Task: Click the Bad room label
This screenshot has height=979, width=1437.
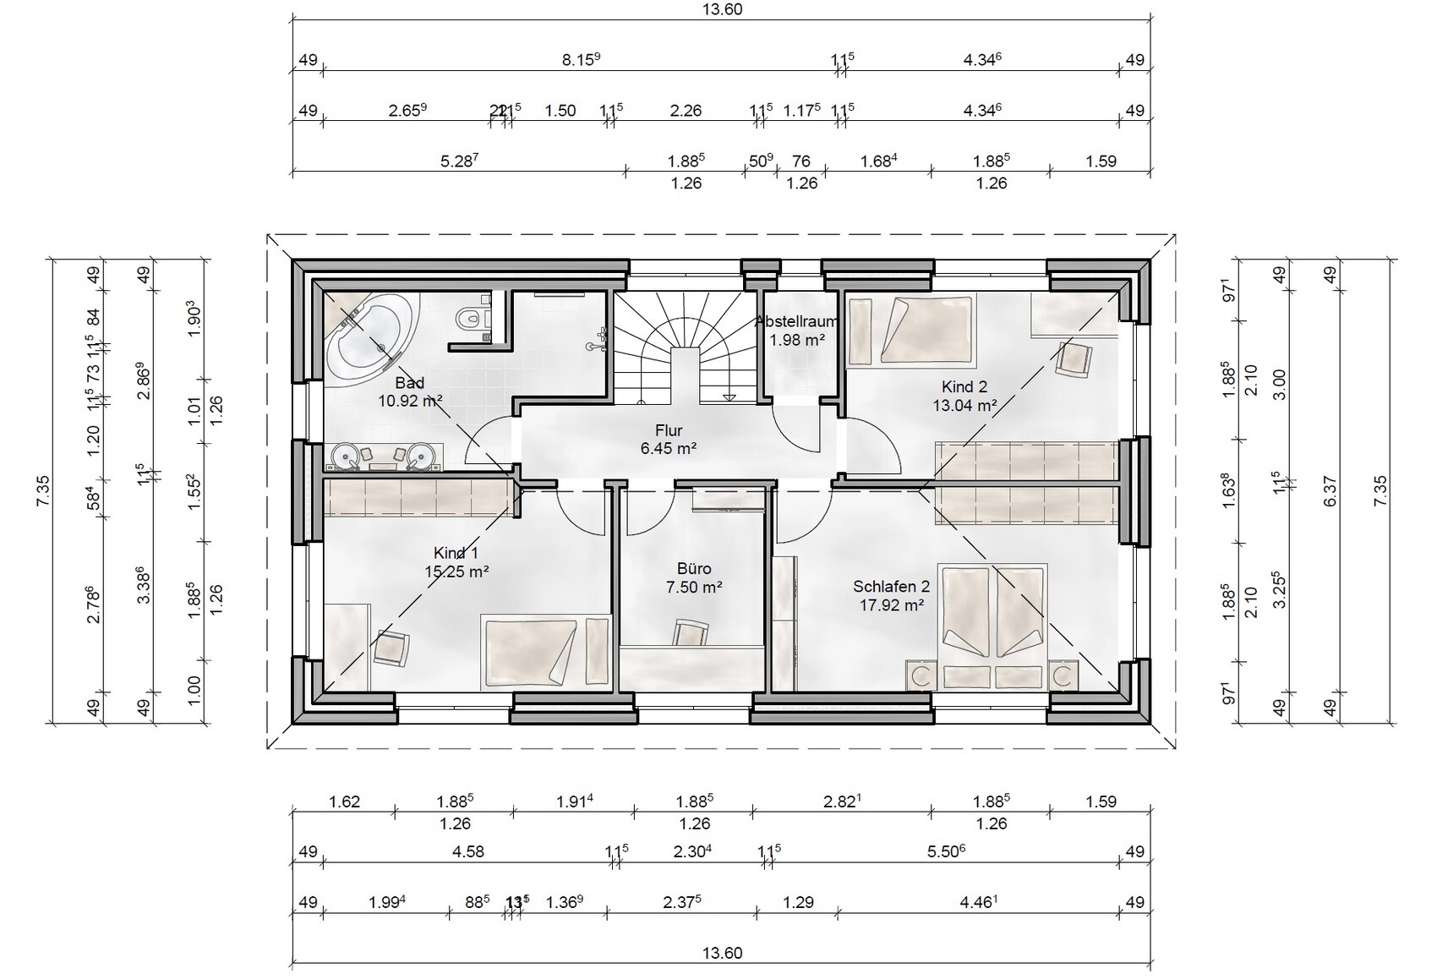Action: click(409, 383)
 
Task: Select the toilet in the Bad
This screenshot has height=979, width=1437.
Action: click(468, 319)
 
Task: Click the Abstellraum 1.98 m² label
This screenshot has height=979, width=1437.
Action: click(796, 331)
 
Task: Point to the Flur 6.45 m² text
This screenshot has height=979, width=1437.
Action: click(668, 440)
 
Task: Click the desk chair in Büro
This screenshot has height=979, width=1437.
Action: click(691, 632)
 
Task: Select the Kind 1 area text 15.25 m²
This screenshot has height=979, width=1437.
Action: click(456, 572)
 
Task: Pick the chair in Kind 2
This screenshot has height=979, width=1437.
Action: click(1074, 358)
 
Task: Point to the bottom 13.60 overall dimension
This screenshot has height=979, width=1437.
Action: click(722, 953)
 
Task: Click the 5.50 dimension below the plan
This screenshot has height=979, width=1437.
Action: click(946, 851)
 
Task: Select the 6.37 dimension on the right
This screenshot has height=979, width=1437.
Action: click(1330, 490)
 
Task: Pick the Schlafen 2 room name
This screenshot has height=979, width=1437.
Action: click(891, 586)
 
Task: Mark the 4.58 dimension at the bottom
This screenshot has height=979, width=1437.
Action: click(467, 851)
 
